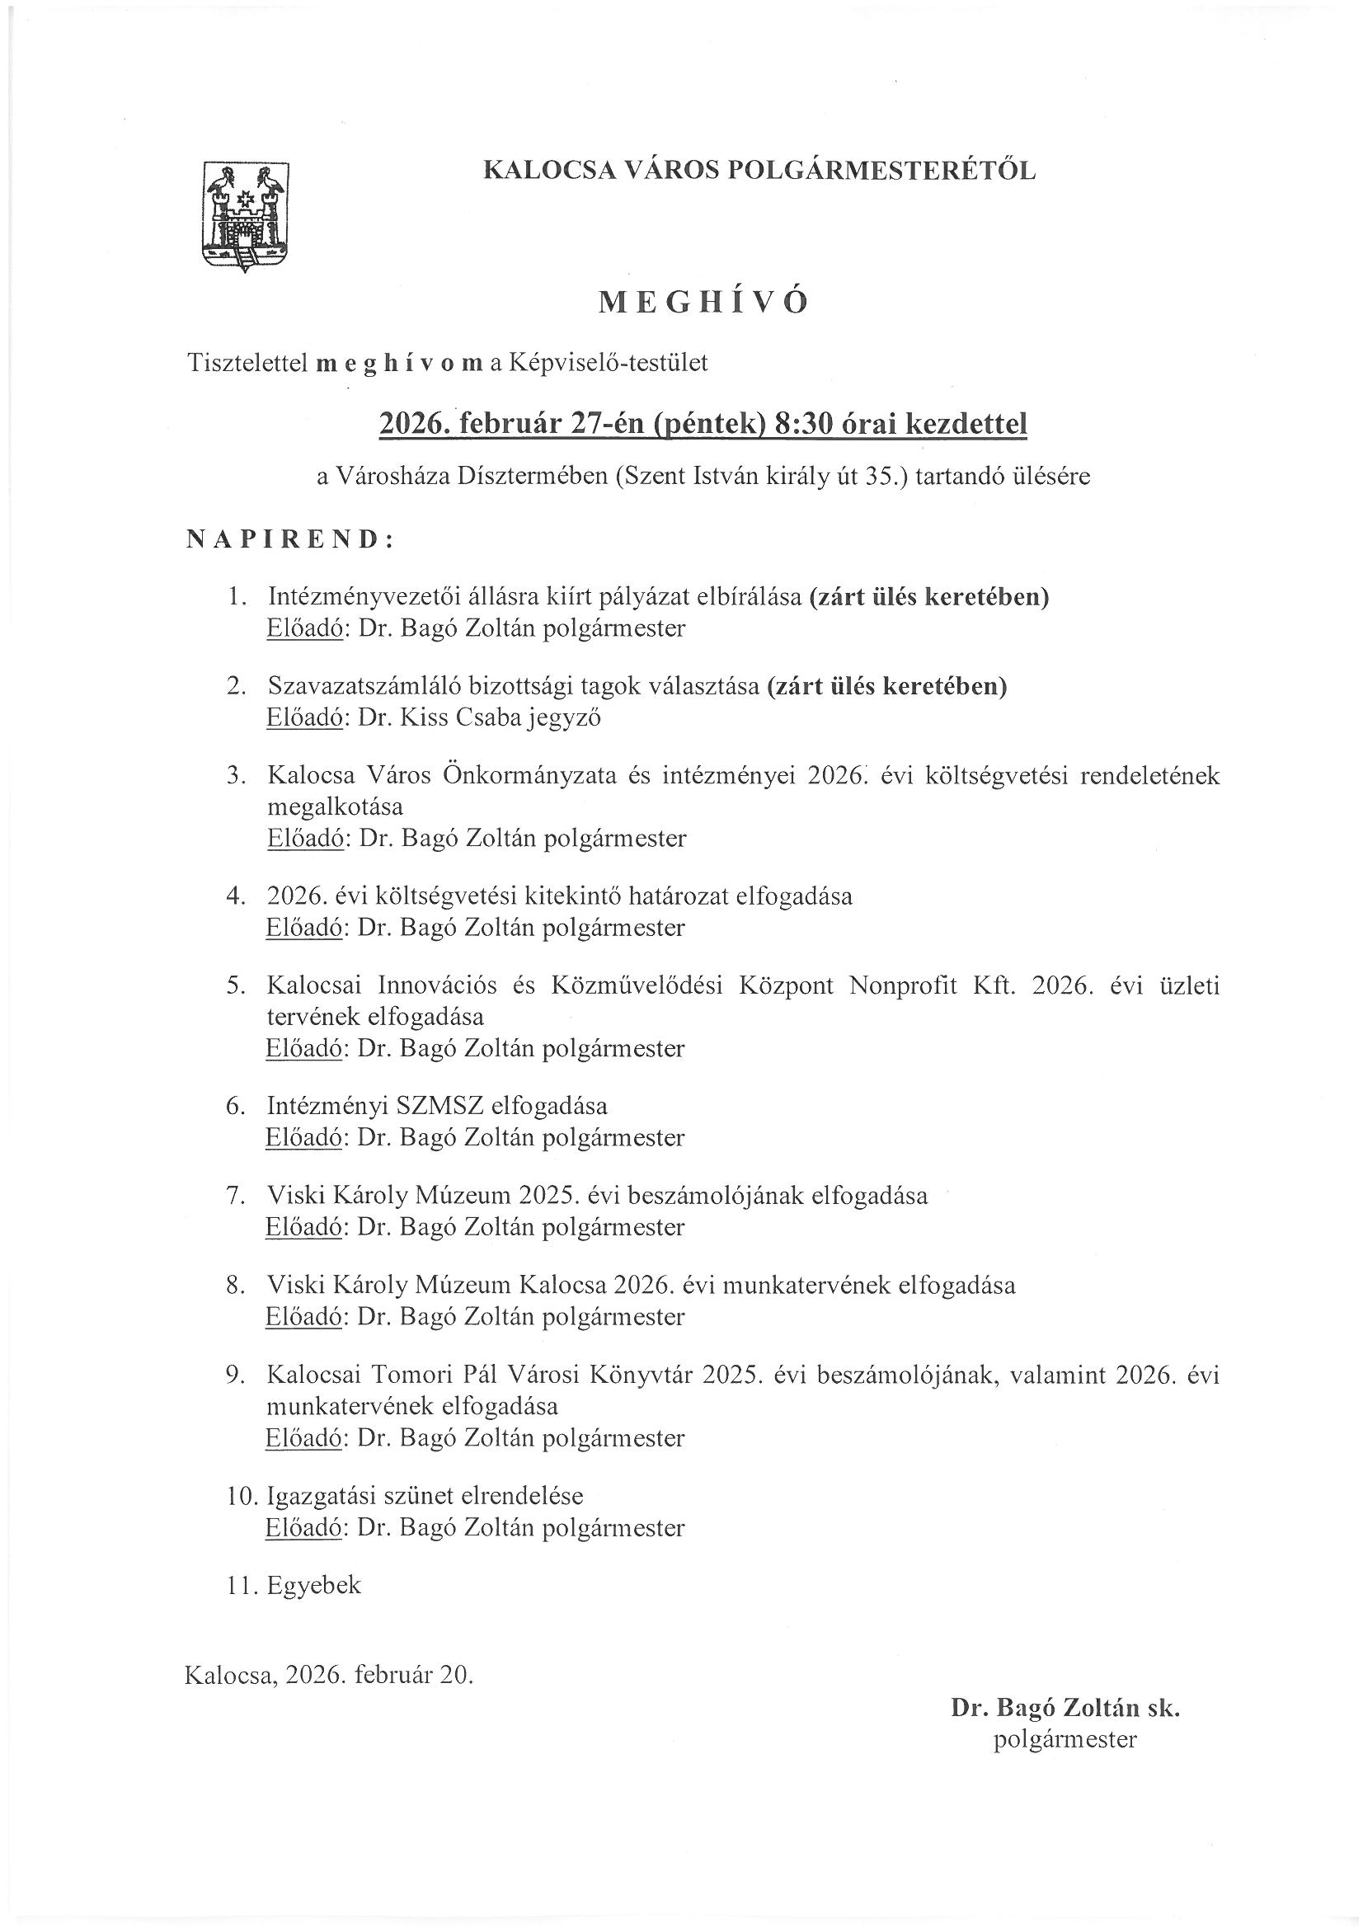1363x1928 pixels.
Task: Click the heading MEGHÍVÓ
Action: pos(703,303)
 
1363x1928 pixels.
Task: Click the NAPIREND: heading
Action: pos(289,539)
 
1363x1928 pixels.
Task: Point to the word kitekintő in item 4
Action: pos(573,896)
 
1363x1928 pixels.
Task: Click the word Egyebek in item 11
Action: pos(314,1585)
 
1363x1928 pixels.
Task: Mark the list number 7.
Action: pos(235,1195)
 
